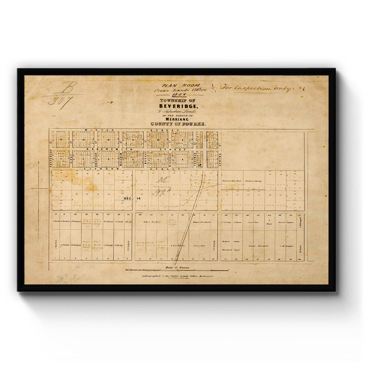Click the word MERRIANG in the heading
pyautogui.click(x=179, y=120)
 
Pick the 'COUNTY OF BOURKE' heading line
pyautogui.click(x=178, y=124)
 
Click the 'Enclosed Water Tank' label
pyautogui.click(x=232, y=181)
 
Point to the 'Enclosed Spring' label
pyautogui.click(x=253, y=181)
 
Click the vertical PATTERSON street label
pyautogui.click(x=50, y=158)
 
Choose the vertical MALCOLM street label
pyautogui.click(x=121, y=158)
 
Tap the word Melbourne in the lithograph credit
pyautogui.click(x=207, y=276)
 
